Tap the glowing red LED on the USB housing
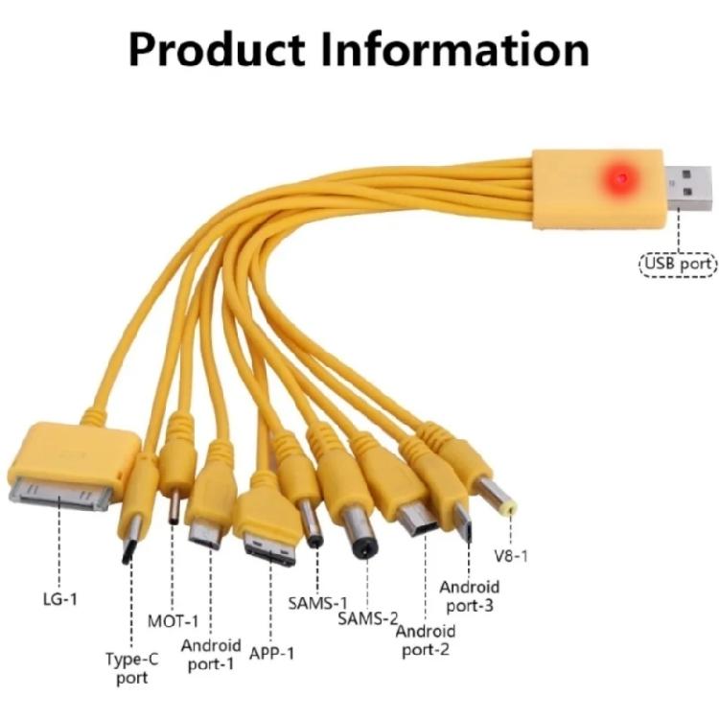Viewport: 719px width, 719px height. pos(620,178)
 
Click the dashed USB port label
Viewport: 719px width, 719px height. pos(678,262)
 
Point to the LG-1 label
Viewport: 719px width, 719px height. pos(59,600)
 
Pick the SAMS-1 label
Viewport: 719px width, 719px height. pos(317,604)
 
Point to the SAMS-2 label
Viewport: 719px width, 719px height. pos(368,618)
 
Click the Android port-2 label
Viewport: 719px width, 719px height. pos(426,640)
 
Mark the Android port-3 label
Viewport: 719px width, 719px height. pos(470,595)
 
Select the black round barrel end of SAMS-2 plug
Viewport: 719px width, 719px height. pos(364,549)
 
